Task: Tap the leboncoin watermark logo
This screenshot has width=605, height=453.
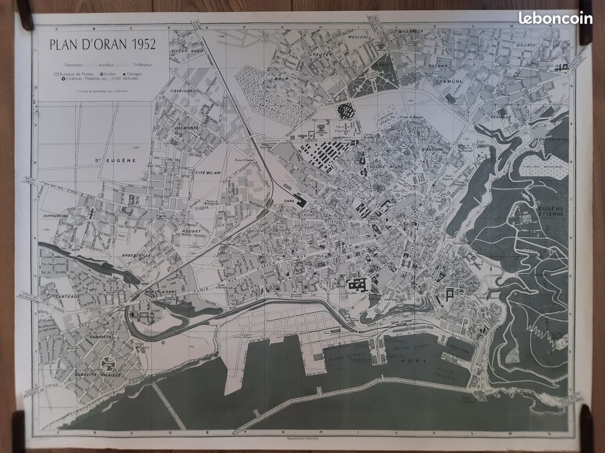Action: [555, 18]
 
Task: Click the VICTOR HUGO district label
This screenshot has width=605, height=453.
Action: [187, 52]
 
